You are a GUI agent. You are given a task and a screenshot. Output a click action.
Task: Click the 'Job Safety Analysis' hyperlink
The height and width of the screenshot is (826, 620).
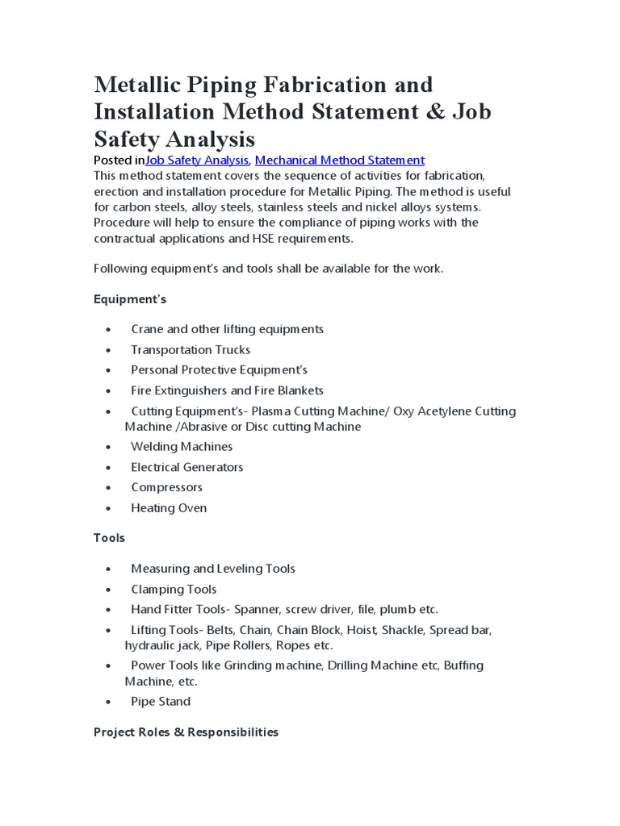tap(196, 160)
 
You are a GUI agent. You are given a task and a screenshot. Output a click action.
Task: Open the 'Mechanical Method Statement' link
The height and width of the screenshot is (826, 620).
tap(339, 160)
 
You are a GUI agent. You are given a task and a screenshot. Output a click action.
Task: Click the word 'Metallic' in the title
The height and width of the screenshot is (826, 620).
tap(142, 85)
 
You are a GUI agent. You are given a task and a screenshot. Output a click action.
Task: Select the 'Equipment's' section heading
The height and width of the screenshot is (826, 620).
tap(129, 299)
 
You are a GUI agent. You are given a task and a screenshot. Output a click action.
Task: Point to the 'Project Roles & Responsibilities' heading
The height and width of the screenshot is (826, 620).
tap(186, 732)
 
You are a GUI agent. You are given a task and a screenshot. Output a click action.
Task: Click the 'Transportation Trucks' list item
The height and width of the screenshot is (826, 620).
tap(191, 350)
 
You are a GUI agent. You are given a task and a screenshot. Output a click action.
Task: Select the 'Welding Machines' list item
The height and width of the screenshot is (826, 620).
tap(182, 447)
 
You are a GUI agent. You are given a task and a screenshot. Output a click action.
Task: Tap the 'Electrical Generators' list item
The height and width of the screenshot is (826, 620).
tap(186, 467)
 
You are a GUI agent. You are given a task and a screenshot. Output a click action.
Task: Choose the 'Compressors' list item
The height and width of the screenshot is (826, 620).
tap(166, 487)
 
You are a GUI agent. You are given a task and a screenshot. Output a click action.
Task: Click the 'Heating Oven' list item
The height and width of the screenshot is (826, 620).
tap(169, 508)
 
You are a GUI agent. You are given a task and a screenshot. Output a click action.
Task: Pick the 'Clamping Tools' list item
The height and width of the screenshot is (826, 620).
tap(174, 590)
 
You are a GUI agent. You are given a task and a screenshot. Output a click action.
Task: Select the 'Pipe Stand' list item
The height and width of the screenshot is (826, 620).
tap(161, 702)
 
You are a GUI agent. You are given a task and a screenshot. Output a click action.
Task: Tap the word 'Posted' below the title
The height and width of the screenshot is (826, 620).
tap(112, 160)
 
